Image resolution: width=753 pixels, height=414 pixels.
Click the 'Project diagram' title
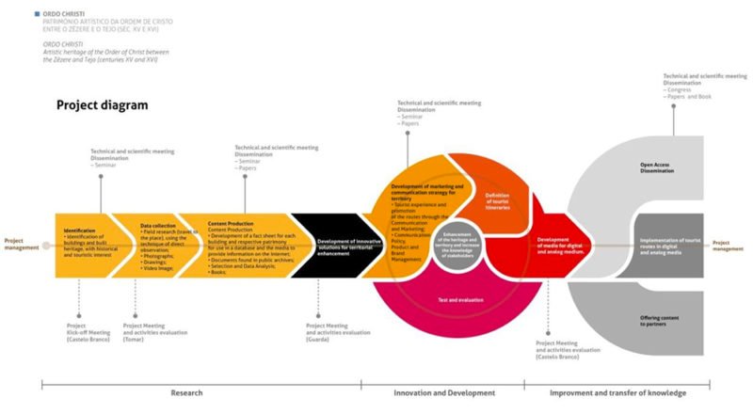[103, 105]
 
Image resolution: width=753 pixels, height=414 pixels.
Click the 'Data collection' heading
[158, 226]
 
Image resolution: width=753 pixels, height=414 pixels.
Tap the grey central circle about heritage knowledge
[456, 244]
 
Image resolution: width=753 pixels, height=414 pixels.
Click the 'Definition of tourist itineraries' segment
[497, 198]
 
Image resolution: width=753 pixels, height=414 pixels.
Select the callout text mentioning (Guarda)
[338, 331]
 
